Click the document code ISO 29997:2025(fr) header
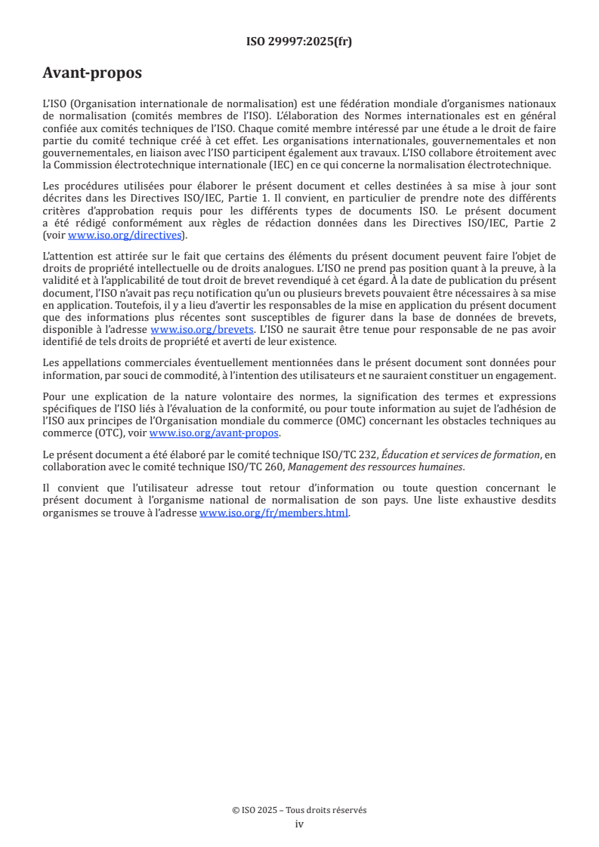pos(299,42)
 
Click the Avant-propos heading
pos(92,73)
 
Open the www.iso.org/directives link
pos(125,235)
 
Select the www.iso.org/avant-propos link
pos(215,433)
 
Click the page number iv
pos(299,824)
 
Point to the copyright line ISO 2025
pos(299,810)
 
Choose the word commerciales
pos(148,363)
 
